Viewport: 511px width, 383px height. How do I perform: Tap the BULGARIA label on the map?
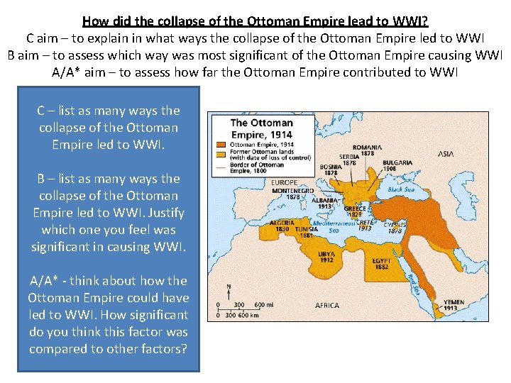coord(397,162)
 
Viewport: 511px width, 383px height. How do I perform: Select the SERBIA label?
coord(349,156)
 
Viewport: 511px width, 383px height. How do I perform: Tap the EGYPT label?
coord(381,260)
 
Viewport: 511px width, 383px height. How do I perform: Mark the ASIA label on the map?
coord(446,153)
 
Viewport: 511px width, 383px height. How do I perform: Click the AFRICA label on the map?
coord(327,305)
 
